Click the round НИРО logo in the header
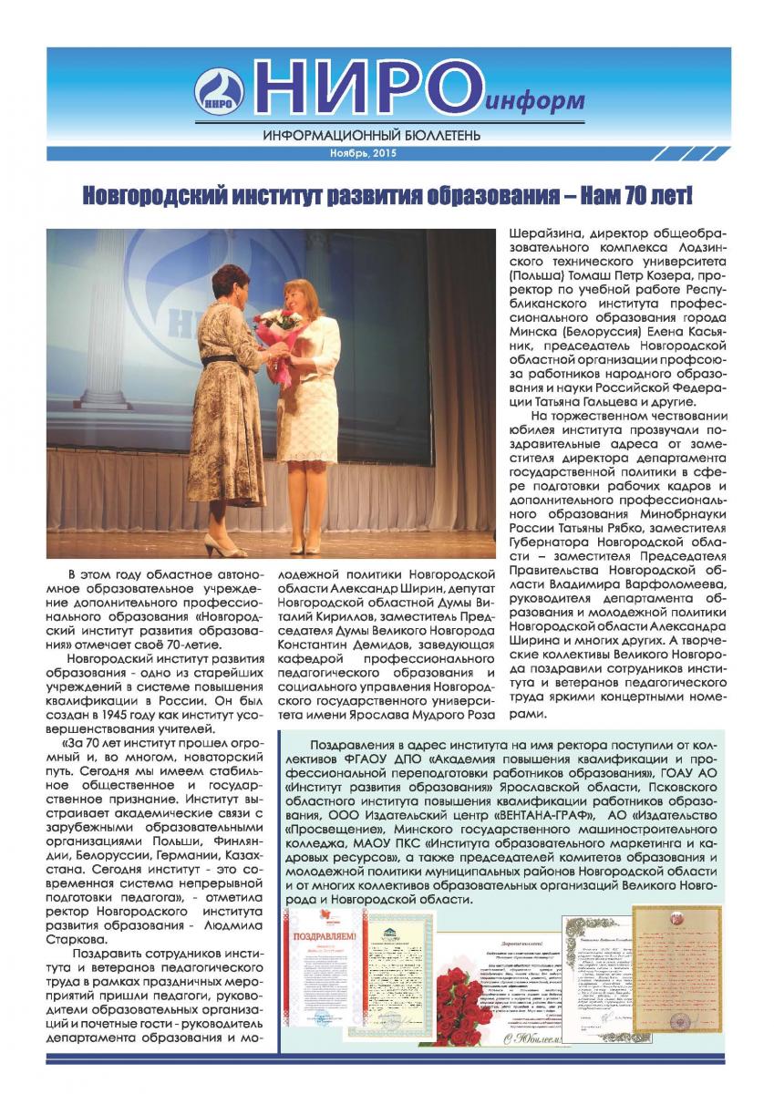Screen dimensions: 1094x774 point(219,93)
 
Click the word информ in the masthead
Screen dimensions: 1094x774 point(537,101)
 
